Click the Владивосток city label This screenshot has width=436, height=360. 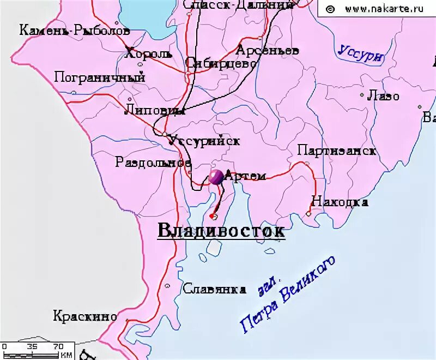pos(221,231)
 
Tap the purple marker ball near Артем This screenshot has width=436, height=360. pos(216,177)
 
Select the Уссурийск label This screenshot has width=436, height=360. pos(204,140)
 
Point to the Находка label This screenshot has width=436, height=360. pos(339,202)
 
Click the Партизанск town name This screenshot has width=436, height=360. pos(336,151)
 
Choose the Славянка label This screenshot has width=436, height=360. pos(214,289)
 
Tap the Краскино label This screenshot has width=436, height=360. pos(85,316)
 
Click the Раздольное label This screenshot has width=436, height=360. pos(153,162)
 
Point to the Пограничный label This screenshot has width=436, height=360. pos(100,77)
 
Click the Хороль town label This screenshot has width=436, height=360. pos(148,54)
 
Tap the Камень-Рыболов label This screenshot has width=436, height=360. pos(75,31)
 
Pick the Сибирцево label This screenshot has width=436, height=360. pos(221,63)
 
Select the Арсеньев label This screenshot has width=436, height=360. pos(267,50)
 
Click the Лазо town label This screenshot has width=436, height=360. pos(383,97)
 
